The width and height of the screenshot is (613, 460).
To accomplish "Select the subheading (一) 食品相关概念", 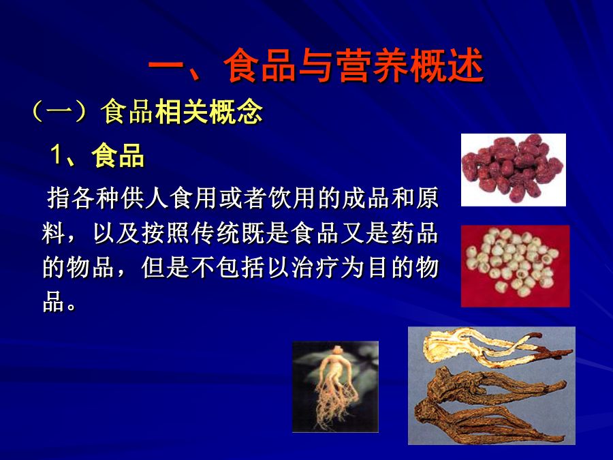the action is pos(147,112).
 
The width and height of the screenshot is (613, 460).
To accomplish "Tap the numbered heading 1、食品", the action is pos(97,155).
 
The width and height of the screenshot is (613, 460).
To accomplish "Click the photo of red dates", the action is pos(514,170).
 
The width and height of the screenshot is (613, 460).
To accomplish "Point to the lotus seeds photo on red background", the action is pos(516,266).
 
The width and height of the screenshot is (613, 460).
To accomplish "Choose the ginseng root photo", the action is pos(335,386).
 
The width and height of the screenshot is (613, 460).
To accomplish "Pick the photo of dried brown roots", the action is pos(491,386).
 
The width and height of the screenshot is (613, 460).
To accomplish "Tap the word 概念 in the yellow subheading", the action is pos(236,112).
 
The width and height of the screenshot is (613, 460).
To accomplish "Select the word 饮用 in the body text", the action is pos(292,198).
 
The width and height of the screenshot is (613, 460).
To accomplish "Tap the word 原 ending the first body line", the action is pos(427,198).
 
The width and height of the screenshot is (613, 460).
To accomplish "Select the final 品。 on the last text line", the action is pos(59,301).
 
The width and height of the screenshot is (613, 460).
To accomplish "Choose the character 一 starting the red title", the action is pos(166,65).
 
